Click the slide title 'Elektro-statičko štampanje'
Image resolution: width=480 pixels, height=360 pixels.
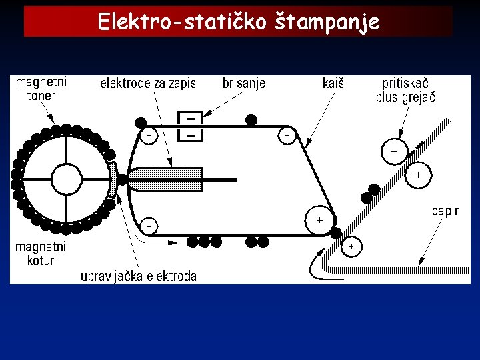pyautogui.click(x=239, y=22)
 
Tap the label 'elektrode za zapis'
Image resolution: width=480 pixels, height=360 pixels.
pyautogui.click(x=147, y=83)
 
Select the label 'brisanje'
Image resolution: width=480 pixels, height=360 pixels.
pyautogui.click(x=243, y=83)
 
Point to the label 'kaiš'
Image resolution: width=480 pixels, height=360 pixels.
pyautogui.click(x=333, y=83)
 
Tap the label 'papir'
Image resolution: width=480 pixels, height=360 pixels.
pyautogui.click(x=445, y=211)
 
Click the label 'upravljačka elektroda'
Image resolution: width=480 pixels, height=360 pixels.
pyautogui.click(x=139, y=276)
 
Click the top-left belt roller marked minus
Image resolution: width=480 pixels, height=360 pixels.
pyautogui.click(x=148, y=135)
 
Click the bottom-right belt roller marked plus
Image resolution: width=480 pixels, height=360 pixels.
pyautogui.click(x=319, y=219)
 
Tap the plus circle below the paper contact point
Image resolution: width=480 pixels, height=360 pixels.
pyautogui.click(x=351, y=247)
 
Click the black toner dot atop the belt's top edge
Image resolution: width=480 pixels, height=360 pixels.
pyautogui.click(x=251, y=120)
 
